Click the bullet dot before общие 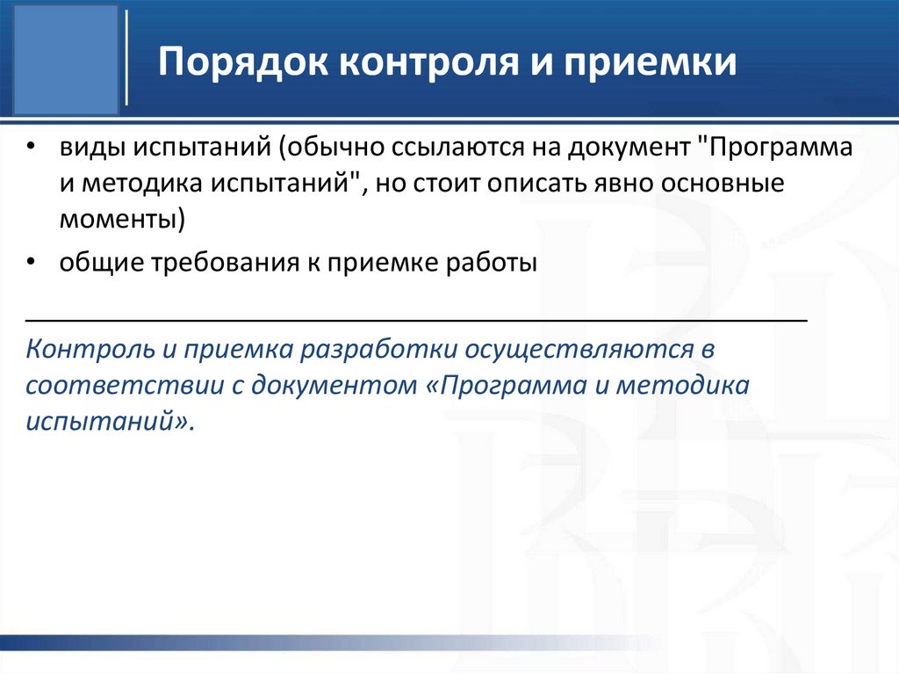pos(32,265)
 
